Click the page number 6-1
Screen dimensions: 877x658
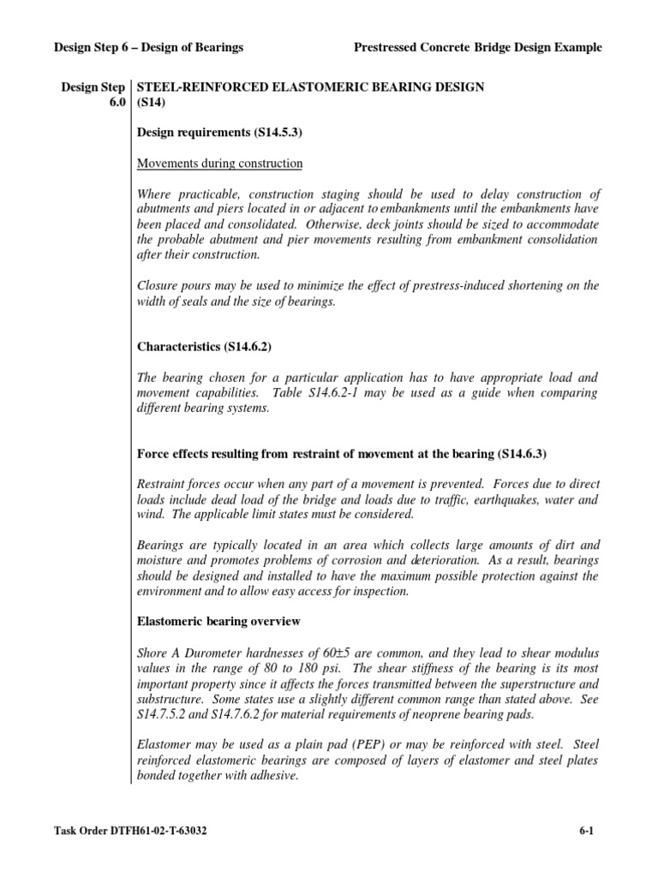588,830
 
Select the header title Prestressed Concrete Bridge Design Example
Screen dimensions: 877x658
477,48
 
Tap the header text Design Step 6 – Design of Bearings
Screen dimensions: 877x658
149,48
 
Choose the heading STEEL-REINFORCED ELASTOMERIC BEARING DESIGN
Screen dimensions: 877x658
310,87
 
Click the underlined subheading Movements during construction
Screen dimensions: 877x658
220,163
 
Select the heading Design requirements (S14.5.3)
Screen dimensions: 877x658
212,133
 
